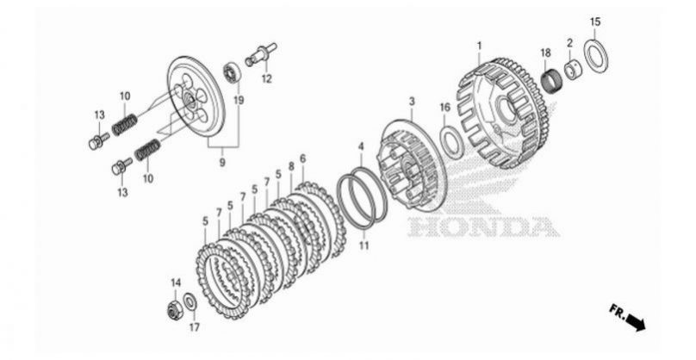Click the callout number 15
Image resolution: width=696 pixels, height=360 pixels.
595,22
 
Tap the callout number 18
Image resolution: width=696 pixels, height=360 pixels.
545,53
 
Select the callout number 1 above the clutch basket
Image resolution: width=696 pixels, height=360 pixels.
480,46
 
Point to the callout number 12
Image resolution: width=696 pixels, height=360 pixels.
266,79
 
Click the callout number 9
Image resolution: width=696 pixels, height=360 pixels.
222,163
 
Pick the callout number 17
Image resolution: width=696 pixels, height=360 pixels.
195,327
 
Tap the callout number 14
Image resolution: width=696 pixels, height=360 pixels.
176,282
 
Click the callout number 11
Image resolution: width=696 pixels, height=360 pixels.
364,245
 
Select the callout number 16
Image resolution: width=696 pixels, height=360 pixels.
444,107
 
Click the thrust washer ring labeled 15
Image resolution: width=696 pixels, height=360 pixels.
595,55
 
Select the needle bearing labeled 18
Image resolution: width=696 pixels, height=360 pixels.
552,80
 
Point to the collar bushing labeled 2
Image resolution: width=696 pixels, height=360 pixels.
572,70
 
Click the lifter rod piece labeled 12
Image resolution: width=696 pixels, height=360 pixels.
262,54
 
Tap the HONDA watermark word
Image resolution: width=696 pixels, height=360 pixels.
483,227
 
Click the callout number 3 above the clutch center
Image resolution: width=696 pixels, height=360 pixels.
412,102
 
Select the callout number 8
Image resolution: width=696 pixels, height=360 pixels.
291,166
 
